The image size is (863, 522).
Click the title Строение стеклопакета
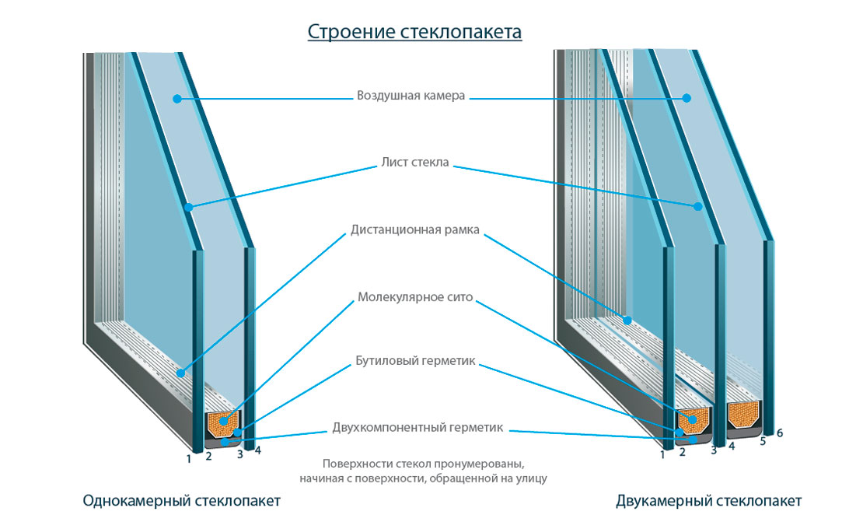(x=414, y=32)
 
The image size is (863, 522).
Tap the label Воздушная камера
(x=411, y=96)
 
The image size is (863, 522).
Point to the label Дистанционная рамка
(x=415, y=230)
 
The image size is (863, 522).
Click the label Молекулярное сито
(x=415, y=297)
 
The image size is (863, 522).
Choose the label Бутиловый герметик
(x=415, y=362)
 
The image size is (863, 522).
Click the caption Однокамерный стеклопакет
(x=181, y=500)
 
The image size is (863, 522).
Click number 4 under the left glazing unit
(x=257, y=450)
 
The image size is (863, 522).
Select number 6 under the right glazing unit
(x=780, y=433)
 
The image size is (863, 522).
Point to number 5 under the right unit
(x=763, y=441)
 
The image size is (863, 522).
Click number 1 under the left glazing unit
(x=188, y=458)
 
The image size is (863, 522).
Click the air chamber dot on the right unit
(x=687, y=98)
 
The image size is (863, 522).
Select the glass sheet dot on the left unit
(x=189, y=207)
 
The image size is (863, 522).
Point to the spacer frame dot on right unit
(x=626, y=318)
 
